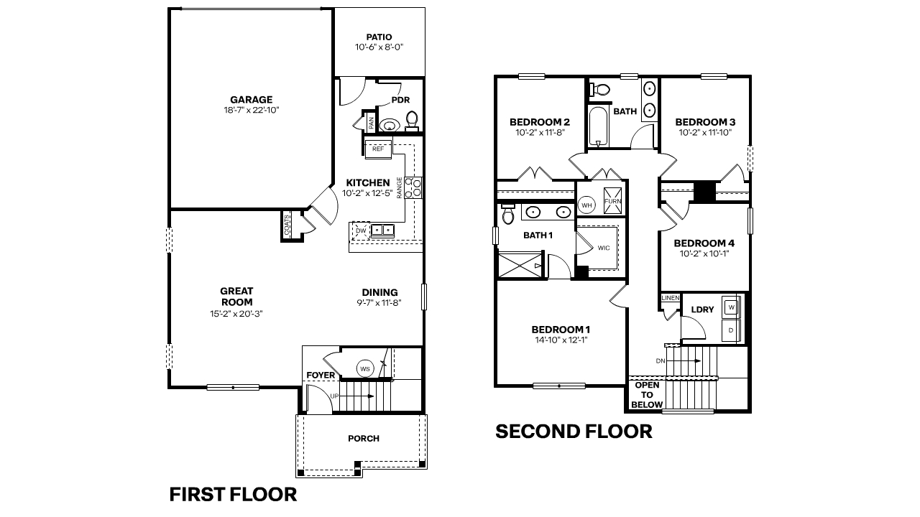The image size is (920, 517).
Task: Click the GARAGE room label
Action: [251, 100]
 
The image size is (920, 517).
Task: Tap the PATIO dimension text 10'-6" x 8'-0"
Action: [379, 47]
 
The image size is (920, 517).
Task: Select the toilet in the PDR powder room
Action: [412, 119]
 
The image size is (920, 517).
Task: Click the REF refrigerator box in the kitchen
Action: [378, 149]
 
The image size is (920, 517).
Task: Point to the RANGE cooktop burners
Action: [413, 187]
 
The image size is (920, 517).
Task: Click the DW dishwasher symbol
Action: [359, 230]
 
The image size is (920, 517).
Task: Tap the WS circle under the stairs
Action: [365, 369]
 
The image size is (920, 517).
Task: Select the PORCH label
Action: [363, 438]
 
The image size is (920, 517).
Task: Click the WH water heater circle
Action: [586, 205]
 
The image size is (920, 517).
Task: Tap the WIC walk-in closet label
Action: [602, 248]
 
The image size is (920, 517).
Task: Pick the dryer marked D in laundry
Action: [732, 330]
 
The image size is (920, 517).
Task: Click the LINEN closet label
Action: [670, 297]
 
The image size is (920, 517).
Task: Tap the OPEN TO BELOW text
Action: [647, 395]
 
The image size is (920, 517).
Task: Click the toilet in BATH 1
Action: [508, 215]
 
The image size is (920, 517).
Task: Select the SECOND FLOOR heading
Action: [574, 431]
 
